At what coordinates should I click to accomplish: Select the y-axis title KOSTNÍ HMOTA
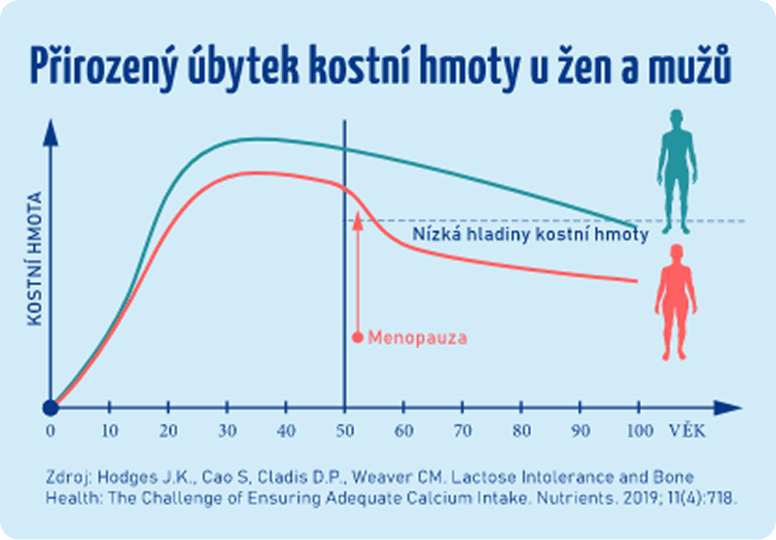(35, 259)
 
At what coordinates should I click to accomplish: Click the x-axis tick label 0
(51, 431)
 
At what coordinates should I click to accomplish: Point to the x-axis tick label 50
(345, 431)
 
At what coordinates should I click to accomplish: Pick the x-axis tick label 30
(227, 431)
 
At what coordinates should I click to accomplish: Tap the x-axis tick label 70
(463, 431)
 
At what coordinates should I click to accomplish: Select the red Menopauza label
(417, 338)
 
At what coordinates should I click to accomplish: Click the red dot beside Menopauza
(357, 337)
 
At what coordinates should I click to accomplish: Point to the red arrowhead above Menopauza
(357, 217)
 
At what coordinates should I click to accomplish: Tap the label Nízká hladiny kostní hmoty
(530, 235)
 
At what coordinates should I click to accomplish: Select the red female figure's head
(676, 254)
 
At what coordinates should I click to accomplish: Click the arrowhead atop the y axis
(51, 130)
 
